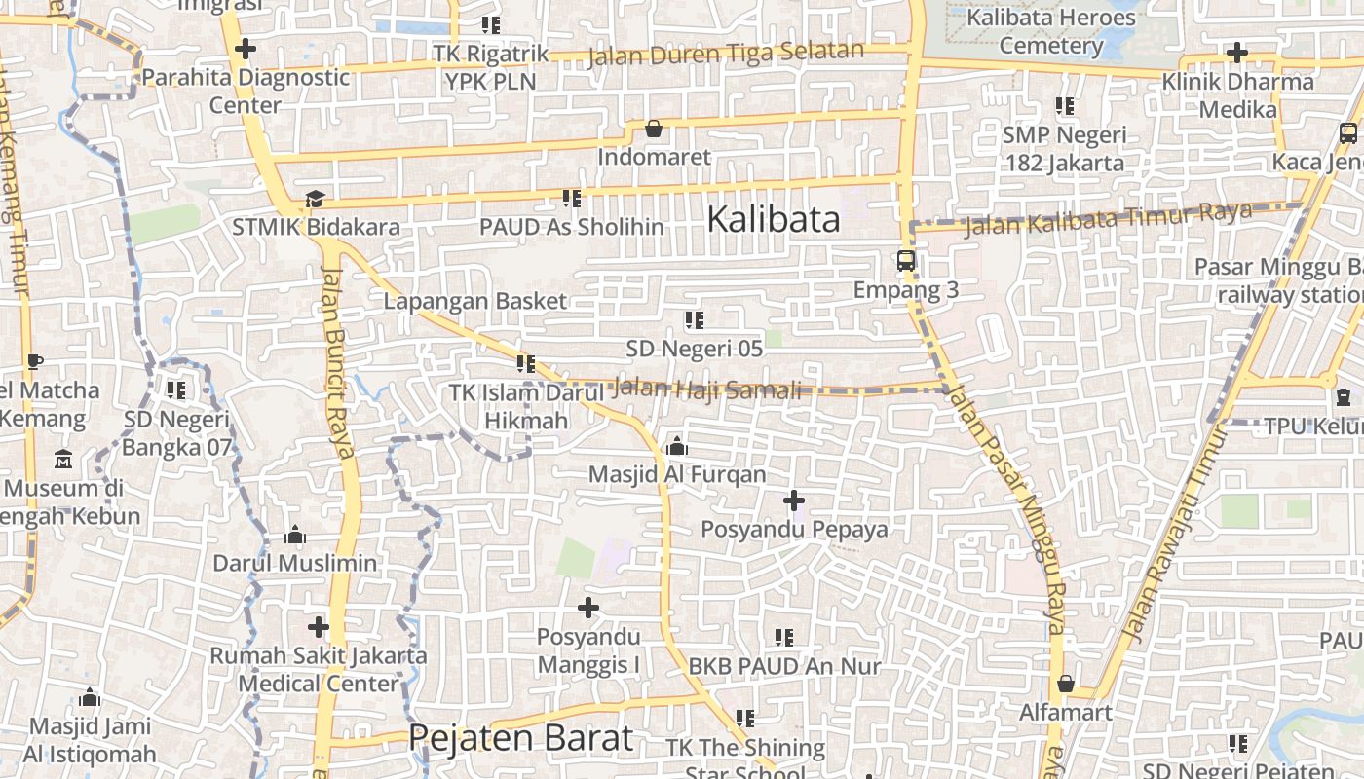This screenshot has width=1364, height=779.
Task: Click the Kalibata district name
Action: [773, 219]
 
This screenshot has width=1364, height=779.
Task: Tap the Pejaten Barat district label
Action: [520, 737]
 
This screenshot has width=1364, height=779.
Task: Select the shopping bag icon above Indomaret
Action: [654, 129]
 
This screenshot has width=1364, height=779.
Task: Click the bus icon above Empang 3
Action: [906, 261]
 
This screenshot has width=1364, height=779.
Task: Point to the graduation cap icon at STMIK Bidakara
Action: [315, 199]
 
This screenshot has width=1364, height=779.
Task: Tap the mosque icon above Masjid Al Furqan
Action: [677, 447]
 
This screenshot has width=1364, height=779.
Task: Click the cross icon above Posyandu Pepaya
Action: [794, 501]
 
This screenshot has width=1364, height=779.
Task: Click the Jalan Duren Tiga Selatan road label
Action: [726, 53]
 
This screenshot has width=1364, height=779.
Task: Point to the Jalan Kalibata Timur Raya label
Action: [1108, 219]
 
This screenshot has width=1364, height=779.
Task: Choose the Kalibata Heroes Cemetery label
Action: [1050, 31]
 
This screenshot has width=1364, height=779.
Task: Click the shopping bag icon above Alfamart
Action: [1066, 684]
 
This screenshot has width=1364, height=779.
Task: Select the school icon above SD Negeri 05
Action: [695, 319]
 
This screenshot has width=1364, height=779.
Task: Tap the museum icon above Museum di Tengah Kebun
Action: [63, 459]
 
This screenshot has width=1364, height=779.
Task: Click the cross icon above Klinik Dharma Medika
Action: [1237, 53]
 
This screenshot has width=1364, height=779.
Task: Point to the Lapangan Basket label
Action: [474, 301]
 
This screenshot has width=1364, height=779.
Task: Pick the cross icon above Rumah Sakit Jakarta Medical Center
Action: [319, 627]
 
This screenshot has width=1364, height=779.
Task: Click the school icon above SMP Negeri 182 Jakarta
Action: [1065, 106]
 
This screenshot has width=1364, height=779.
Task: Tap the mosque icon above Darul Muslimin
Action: [295, 535]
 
